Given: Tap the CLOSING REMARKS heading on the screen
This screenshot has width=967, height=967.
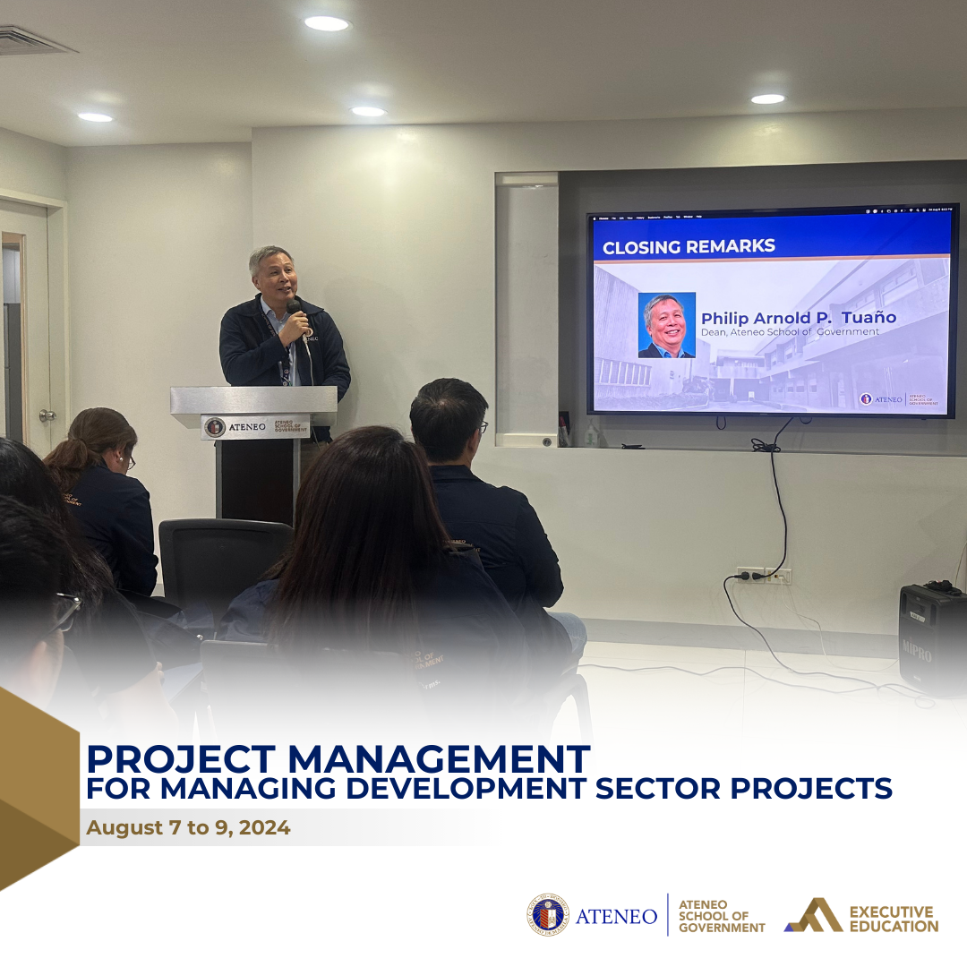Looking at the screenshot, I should click(x=689, y=246).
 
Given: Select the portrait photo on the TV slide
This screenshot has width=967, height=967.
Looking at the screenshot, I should click(x=666, y=325).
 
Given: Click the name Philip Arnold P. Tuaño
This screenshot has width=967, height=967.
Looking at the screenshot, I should click(x=798, y=318).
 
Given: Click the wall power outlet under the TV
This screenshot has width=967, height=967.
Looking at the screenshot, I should click(x=764, y=576).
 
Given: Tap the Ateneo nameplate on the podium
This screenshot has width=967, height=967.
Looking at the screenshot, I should click(x=255, y=427).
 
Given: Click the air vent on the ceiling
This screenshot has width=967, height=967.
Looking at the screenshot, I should click(x=31, y=40).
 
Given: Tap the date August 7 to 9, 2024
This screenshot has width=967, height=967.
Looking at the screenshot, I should click(x=188, y=827).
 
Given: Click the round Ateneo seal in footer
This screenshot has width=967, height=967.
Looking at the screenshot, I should click(x=547, y=915).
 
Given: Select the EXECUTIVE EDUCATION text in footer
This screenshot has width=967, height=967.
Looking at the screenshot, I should click(x=892, y=919).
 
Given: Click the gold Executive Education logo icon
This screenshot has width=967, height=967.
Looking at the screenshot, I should click(x=812, y=915).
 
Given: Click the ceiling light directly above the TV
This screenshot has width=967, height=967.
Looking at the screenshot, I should click(x=767, y=98).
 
